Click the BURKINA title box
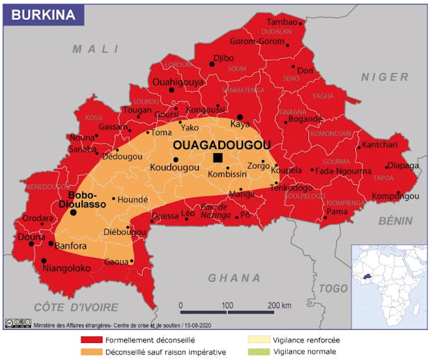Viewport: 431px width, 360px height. click(43, 15)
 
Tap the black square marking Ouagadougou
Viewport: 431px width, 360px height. click(217, 158)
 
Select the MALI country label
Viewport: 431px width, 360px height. click(95, 50)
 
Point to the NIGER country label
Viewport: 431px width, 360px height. click(385, 77)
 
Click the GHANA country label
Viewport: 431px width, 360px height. click(234, 278)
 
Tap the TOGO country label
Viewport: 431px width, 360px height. click(333, 289)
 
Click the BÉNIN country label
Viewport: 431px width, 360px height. click(396, 221)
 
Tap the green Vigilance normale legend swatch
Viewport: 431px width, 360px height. click(258, 352)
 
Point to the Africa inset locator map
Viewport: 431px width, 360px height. click(389, 283)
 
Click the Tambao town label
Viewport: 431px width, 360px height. click(282, 22)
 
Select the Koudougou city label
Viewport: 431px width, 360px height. click(174, 167)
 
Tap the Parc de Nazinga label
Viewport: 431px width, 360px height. click(214, 211)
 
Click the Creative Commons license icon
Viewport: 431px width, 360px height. click(18, 323)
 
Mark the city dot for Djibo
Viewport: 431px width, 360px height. click(212, 64)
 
